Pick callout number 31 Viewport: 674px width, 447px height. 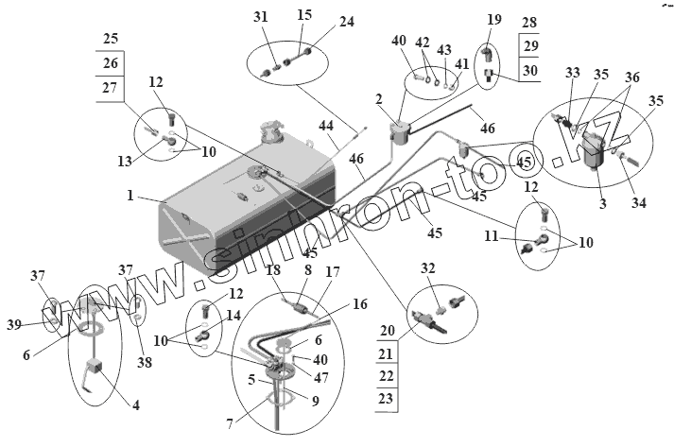(261, 17)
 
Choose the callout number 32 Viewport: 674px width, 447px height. (427, 268)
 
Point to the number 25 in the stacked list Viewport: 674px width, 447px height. (112, 41)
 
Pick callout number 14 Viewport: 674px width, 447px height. (233, 315)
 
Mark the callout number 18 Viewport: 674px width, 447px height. (273, 269)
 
